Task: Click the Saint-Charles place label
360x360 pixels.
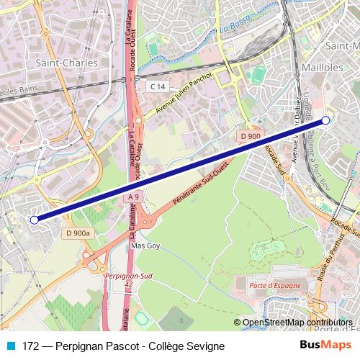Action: (x=66, y=63)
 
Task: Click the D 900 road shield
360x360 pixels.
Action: (x=250, y=135)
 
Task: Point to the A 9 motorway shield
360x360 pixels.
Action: (x=133, y=197)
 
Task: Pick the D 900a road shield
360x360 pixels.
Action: (x=77, y=233)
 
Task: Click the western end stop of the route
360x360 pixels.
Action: (x=35, y=220)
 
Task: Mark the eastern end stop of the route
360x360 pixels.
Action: (x=325, y=120)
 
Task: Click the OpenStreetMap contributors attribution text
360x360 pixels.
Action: (x=298, y=323)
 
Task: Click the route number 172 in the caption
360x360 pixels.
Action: (x=31, y=346)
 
